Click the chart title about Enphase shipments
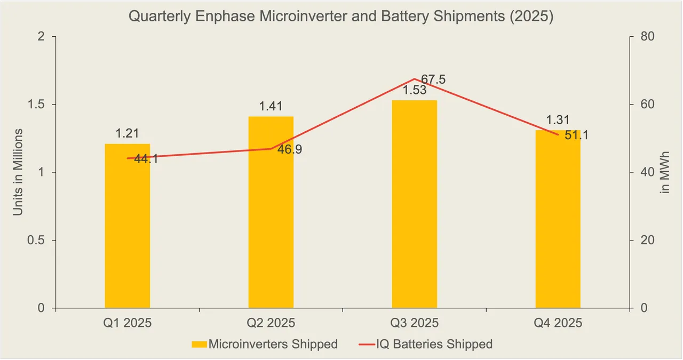(341, 17)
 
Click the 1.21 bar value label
(127, 134)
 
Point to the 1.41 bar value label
(271, 106)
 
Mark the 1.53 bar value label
(415, 90)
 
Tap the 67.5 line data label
(433, 80)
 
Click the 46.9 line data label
(289, 150)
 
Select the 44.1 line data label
(146, 159)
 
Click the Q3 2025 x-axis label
(415, 323)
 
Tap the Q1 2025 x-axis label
(127, 323)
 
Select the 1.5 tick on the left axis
(38, 105)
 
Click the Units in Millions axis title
(18, 172)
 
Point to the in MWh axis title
(665, 172)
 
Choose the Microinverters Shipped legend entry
(265, 345)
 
